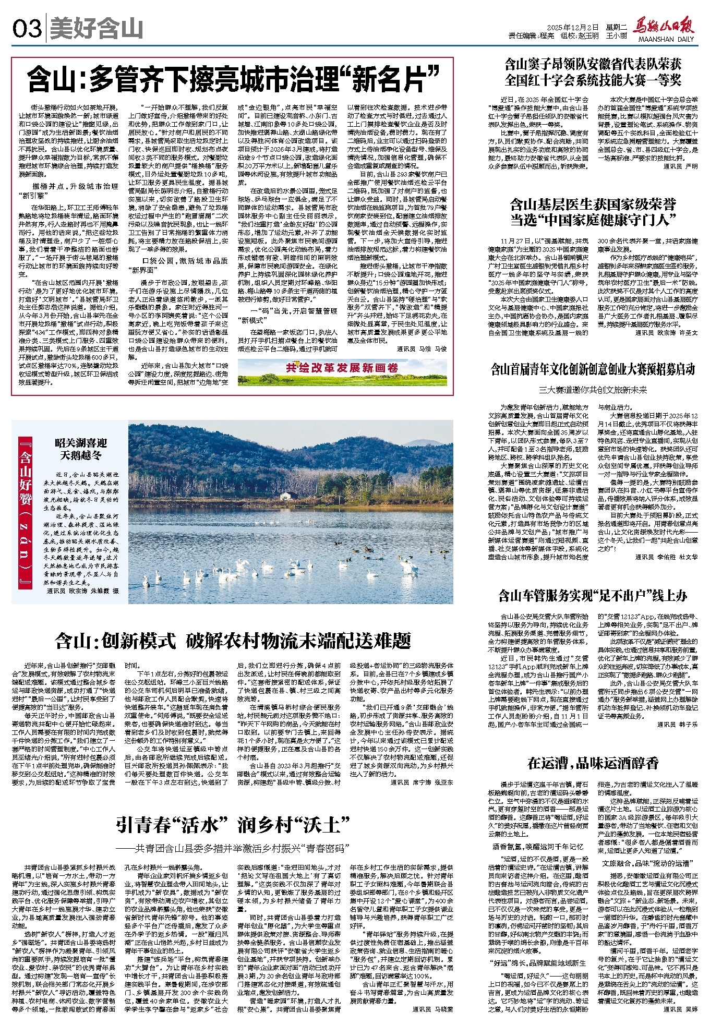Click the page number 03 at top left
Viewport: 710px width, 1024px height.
coord(27,29)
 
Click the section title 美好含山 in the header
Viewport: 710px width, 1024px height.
coord(97,29)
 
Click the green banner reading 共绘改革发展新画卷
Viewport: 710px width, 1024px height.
coord(342,368)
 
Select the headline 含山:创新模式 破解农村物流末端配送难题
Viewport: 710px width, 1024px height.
coord(233,641)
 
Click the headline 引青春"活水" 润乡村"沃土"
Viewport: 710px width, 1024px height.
coord(233,825)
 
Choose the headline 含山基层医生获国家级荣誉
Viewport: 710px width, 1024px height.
coord(593,204)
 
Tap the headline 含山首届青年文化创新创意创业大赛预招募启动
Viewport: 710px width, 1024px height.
coord(593,370)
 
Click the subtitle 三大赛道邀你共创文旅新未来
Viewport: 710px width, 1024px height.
coord(593,390)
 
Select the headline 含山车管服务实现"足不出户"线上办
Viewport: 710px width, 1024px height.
coord(593,595)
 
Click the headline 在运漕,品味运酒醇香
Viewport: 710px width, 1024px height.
coord(593,763)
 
